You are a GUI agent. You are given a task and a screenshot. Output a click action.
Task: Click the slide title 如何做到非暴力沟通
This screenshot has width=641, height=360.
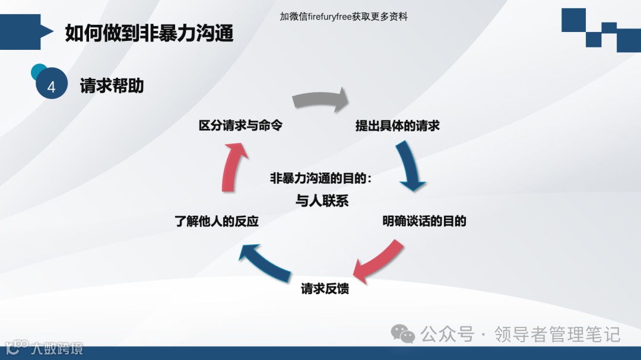pyautogui.click(x=149, y=33)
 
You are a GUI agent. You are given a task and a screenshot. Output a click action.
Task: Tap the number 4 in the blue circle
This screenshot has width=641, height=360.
pyautogui.click(x=51, y=87)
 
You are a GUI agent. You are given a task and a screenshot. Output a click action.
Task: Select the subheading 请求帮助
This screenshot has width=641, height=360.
pyautogui.click(x=112, y=86)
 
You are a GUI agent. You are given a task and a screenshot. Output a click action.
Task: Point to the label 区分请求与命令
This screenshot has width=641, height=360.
pyautogui.click(x=240, y=126)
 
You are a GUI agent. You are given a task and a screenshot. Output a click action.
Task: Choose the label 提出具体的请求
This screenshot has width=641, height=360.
pyautogui.click(x=397, y=126)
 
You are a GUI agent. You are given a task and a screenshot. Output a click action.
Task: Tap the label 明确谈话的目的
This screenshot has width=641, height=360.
pyautogui.click(x=424, y=221)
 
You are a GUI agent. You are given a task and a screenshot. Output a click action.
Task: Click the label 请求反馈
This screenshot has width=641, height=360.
pyautogui.click(x=325, y=289)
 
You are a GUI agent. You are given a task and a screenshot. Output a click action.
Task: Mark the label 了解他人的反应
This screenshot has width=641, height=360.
pyautogui.click(x=217, y=222)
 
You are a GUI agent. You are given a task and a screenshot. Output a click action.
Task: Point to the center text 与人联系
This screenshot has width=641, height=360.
pyautogui.click(x=322, y=201)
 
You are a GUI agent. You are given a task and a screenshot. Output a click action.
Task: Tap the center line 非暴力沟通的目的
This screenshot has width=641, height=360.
pyautogui.click(x=320, y=179)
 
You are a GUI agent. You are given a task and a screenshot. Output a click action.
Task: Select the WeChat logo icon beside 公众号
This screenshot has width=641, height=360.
pyautogui.click(x=404, y=334)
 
